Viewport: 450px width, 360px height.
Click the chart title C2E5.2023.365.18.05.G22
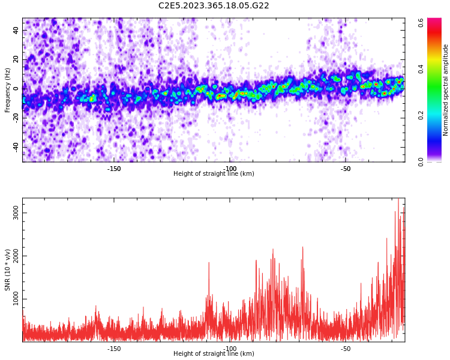pos(214,5)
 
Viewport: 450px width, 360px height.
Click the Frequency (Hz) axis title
pos(8,90)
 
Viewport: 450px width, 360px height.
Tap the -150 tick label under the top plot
pos(114,169)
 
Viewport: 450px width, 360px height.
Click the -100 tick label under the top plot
pos(230,169)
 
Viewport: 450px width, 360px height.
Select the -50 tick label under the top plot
pos(346,169)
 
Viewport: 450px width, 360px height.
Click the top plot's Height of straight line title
pos(214,174)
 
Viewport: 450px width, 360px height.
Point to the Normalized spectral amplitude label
pos(446,90)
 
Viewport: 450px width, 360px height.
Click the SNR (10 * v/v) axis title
pos(8,269)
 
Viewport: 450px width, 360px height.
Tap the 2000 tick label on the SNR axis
pos(13,256)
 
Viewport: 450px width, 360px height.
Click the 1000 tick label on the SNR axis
pos(13,299)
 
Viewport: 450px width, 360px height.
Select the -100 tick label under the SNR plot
pos(230,349)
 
